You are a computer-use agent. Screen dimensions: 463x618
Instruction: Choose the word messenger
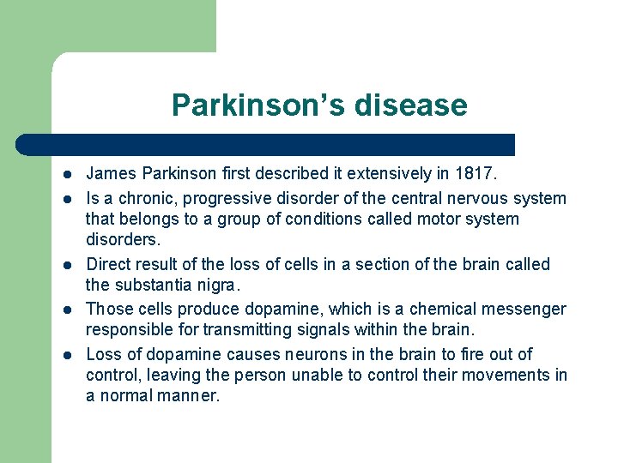pyautogui.click(x=524, y=309)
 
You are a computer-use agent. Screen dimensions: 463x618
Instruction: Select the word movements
pyautogui.click(x=505, y=375)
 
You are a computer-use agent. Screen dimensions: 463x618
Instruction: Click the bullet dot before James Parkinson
pyautogui.click(x=65, y=175)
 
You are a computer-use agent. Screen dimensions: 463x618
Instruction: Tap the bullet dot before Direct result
pyautogui.click(x=65, y=265)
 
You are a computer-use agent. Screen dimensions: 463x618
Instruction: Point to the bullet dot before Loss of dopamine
pyautogui.click(x=65, y=355)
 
